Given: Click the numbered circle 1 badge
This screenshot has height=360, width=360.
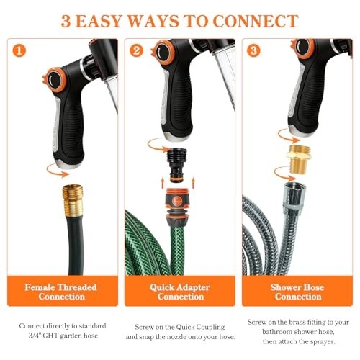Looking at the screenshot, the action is tap(19, 50).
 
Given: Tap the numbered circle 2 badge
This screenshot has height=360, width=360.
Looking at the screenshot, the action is tap(136, 50).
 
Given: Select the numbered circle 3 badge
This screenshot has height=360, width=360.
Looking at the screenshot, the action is tap(253, 50).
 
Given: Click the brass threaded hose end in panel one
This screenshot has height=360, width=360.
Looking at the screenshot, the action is tap(73, 200).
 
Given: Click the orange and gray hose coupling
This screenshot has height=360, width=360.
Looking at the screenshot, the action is tap(177, 206).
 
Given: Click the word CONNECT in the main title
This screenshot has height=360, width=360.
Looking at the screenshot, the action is tap(256, 21).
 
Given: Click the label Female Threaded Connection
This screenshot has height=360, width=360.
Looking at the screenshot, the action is tap(61, 292).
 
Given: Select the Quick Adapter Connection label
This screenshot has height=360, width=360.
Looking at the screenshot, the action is tap(180, 292).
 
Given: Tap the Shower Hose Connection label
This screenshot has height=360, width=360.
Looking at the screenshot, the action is tap(297, 292).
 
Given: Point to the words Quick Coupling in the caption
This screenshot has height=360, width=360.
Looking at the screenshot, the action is tap(200, 327).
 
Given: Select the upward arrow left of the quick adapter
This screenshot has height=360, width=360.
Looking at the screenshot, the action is tap(163, 182).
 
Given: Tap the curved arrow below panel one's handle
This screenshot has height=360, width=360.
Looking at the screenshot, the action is tap(58, 171).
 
